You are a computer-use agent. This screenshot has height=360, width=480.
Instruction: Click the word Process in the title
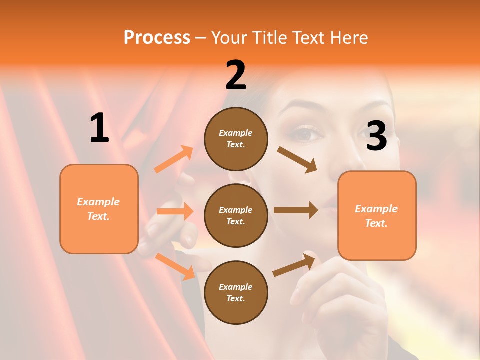click(157, 37)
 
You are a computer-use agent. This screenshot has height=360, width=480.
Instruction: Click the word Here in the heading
click(348, 37)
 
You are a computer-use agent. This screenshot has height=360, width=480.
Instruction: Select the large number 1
click(99, 128)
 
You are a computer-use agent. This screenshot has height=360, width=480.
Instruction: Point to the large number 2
click(236, 75)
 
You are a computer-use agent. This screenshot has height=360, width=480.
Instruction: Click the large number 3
click(376, 136)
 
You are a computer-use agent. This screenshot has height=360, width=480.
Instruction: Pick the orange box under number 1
click(99, 209)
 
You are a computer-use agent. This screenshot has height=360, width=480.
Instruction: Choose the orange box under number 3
click(377, 215)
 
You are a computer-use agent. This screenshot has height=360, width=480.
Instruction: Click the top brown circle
click(236, 139)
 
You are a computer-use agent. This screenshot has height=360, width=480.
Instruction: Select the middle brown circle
click(236, 215)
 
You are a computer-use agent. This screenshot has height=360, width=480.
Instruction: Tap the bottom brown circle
click(236, 292)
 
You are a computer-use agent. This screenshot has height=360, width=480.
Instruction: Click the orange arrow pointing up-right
click(174, 159)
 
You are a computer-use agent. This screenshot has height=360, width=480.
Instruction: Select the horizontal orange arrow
click(175, 211)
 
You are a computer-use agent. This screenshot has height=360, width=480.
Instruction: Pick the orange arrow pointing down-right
click(175, 266)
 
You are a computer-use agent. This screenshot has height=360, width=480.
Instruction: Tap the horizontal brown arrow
click(296, 210)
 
